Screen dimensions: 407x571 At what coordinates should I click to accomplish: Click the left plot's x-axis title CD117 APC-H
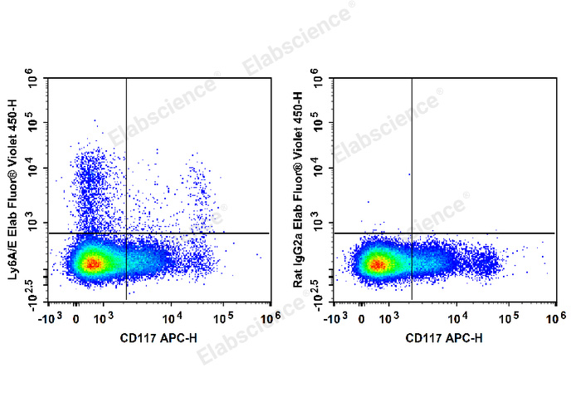159,338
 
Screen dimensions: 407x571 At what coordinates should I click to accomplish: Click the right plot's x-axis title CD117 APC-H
444,338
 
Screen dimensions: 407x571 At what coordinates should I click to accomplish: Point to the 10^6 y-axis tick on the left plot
34,81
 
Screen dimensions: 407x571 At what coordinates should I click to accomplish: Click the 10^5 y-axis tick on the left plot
34,124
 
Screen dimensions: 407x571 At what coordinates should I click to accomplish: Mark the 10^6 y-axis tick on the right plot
320,81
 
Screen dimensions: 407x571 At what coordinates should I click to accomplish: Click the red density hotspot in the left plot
93,264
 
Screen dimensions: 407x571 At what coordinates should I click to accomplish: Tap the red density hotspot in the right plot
378,265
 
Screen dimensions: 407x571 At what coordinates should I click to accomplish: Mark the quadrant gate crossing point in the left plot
126,233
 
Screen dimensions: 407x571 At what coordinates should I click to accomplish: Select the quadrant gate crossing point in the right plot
412,233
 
